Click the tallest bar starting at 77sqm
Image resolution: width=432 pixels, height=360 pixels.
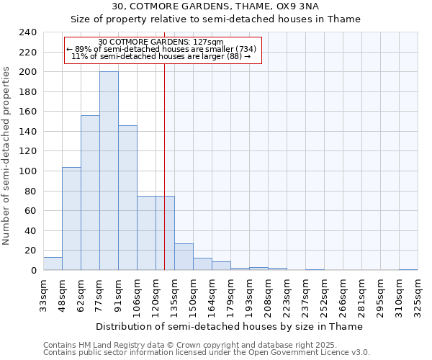(x=109, y=171)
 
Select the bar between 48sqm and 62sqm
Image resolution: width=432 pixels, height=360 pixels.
(x=71, y=218)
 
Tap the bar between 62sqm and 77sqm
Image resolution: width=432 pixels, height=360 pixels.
(x=90, y=192)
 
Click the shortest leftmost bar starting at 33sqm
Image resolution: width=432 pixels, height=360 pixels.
(x=53, y=264)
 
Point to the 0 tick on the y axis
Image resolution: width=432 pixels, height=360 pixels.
(x=33, y=271)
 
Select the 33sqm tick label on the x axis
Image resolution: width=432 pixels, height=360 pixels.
(x=43, y=294)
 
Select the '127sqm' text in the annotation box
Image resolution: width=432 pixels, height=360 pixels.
(x=210, y=42)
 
